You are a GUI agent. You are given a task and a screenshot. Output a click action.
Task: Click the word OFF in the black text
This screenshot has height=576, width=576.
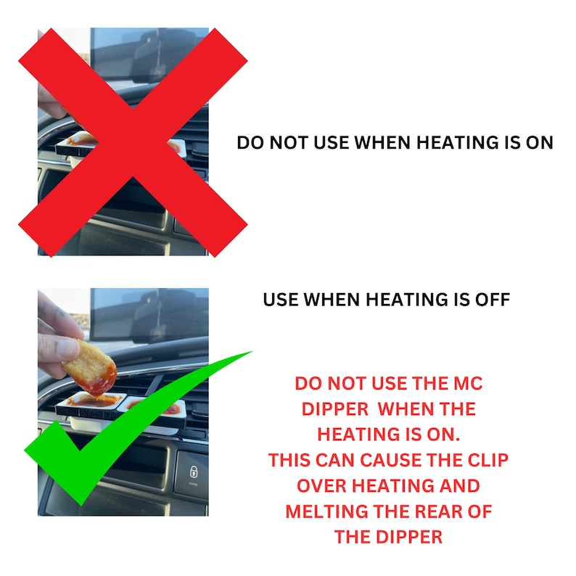click(494, 299)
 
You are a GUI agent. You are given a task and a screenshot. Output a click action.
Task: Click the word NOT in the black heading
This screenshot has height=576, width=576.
click(291, 142)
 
